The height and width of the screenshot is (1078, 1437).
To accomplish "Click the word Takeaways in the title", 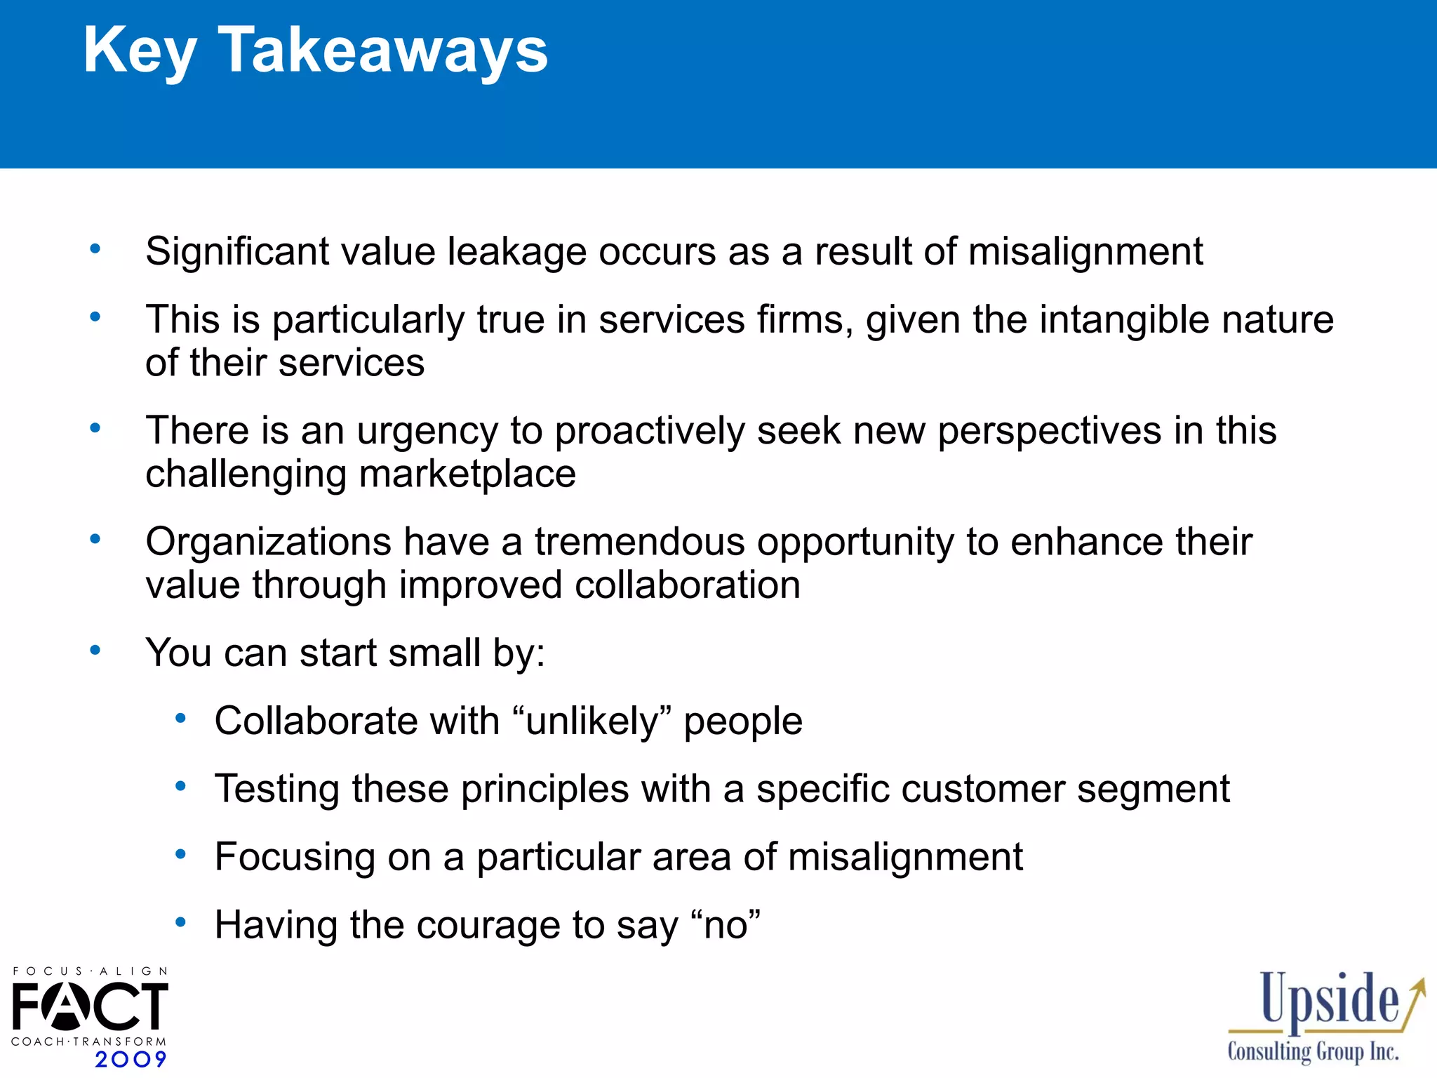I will click(x=383, y=51).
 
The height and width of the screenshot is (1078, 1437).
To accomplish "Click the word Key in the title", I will click(x=140, y=51).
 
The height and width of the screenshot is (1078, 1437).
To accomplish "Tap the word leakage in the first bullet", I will click(x=516, y=252).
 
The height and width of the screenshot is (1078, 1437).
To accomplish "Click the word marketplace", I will click(x=467, y=474).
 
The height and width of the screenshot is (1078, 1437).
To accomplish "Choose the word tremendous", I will click(x=639, y=542).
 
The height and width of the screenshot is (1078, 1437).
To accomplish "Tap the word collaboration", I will click(x=687, y=585).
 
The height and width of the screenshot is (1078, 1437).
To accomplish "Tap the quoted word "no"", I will click(x=725, y=925).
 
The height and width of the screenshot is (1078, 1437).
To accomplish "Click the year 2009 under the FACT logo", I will click(x=131, y=1059).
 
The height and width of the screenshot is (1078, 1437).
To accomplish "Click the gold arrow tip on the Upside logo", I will click(x=1422, y=981).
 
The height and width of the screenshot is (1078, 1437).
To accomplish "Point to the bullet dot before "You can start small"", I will click(x=95, y=650).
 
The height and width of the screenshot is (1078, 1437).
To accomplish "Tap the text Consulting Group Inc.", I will click(x=1313, y=1052).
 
